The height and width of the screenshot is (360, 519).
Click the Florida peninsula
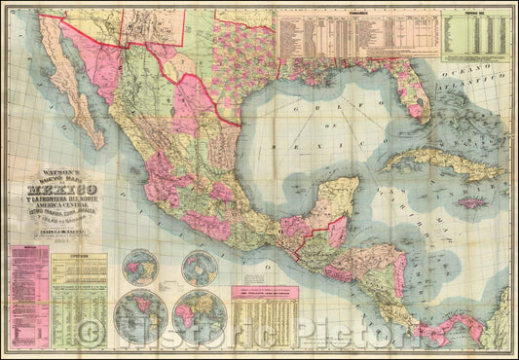coord(415,92)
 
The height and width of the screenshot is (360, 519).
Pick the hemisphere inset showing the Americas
coord(136,315)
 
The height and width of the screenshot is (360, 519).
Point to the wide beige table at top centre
coord(355,37)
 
